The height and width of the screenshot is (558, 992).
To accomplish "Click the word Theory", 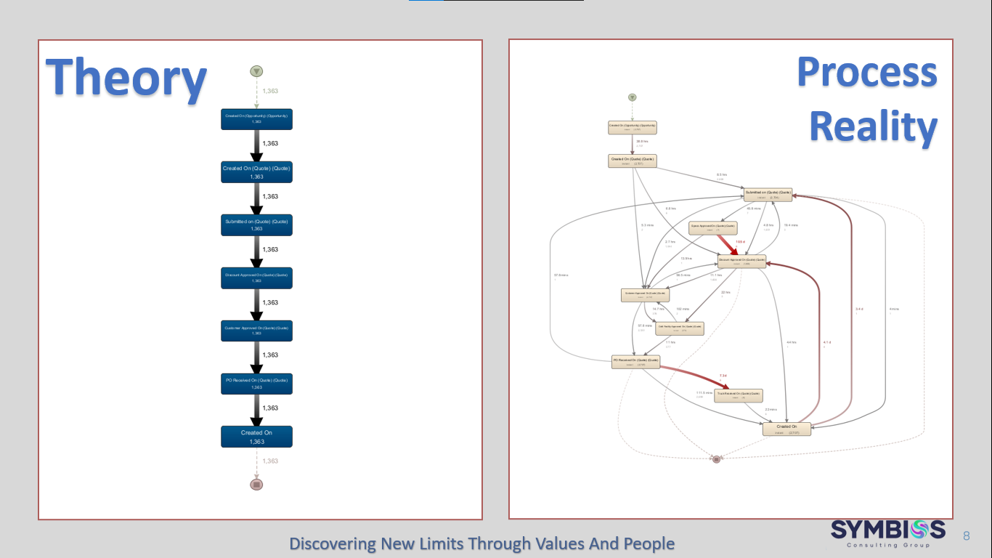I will pyautogui.click(x=126, y=78).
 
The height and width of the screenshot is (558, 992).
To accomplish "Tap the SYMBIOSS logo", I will pyautogui.click(x=888, y=533).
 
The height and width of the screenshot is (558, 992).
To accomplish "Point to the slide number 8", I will pyautogui.click(x=967, y=536).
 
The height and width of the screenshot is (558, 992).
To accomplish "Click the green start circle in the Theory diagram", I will pyautogui.click(x=256, y=71).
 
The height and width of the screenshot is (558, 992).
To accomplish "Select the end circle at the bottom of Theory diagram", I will pyautogui.click(x=256, y=484).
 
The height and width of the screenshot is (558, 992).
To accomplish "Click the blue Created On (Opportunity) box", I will pyautogui.click(x=256, y=119).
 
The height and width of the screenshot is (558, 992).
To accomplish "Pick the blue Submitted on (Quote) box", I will pyautogui.click(x=256, y=225).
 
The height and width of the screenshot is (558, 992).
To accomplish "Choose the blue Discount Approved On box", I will pyautogui.click(x=256, y=278).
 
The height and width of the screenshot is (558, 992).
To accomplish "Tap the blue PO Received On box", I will pyautogui.click(x=256, y=384).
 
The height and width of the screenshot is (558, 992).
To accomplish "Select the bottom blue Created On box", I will pyautogui.click(x=256, y=437).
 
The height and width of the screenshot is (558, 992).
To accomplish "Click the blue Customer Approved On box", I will pyautogui.click(x=256, y=331).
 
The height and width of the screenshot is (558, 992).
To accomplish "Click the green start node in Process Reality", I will pyautogui.click(x=633, y=97).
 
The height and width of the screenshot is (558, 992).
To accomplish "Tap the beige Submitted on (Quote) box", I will pyautogui.click(x=767, y=195).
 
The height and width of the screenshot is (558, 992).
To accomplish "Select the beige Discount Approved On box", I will pyautogui.click(x=741, y=261).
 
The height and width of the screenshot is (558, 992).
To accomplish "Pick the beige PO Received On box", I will pyautogui.click(x=635, y=362).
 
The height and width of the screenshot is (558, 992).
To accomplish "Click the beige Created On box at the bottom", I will pyautogui.click(x=786, y=429).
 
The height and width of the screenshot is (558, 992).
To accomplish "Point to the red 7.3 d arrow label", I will pyautogui.click(x=723, y=376).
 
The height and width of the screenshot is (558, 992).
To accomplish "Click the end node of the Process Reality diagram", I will pyautogui.click(x=716, y=459).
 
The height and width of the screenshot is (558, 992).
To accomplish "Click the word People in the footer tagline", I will pyautogui.click(x=649, y=543).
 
